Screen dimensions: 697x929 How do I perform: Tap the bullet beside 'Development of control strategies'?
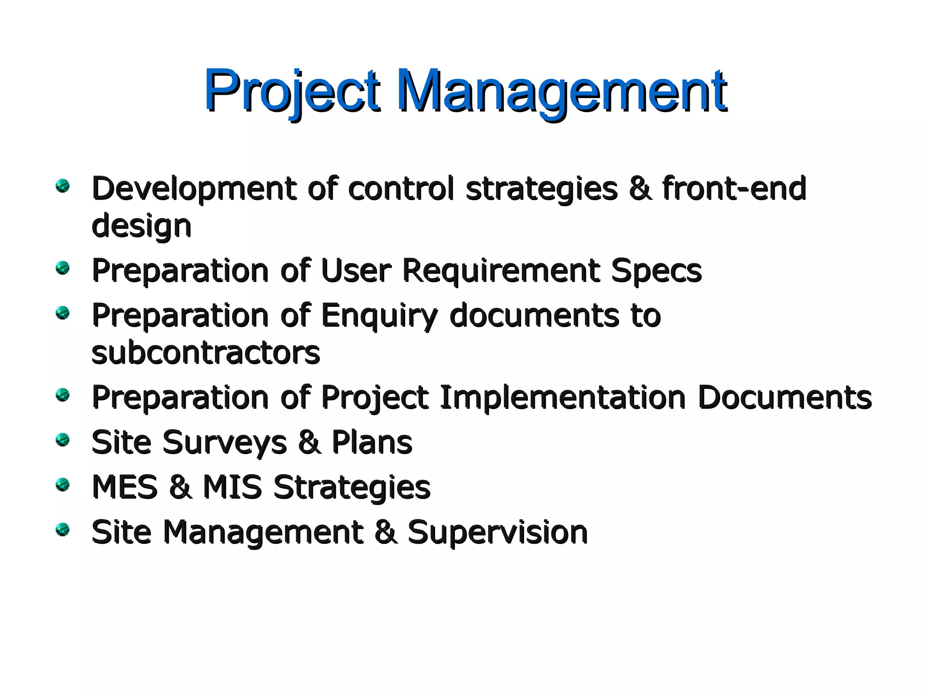click(63, 186)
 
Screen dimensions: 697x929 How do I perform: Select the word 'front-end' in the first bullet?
click(733, 188)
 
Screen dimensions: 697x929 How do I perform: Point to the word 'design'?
click(142, 226)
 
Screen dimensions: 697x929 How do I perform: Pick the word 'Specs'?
click(656, 271)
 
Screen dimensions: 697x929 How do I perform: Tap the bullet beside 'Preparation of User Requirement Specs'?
click(63, 268)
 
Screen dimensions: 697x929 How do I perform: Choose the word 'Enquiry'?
click(379, 316)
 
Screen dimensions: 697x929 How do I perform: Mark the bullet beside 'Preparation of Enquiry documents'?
click(63, 313)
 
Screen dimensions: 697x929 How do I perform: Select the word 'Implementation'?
click(562, 398)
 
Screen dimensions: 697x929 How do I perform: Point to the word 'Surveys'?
click(225, 442)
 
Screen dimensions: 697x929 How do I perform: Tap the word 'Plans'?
click(372, 442)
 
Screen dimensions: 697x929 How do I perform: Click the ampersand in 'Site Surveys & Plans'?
click(309, 442)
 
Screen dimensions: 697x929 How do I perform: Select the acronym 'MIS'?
click(232, 487)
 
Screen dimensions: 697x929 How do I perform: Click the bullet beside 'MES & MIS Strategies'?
click(63, 485)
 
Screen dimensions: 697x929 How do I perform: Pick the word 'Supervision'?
click(498, 532)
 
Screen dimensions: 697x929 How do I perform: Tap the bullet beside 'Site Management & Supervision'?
click(63, 530)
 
